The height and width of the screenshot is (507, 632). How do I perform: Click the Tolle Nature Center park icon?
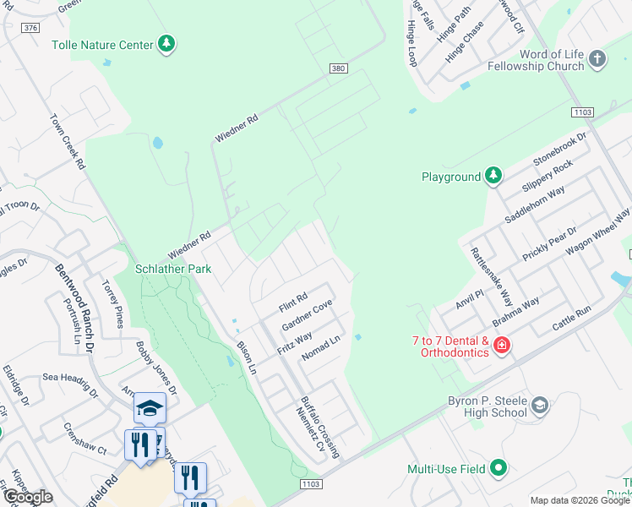tap(166, 44)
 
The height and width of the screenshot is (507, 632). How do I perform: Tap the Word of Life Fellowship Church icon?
tap(597, 59)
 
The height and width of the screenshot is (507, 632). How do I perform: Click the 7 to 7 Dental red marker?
tap(501, 346)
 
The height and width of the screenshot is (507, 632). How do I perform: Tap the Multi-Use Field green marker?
tap(499, 468)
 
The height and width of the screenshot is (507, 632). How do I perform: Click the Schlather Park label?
tap(173, 270)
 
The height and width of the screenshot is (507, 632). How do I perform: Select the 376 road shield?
tap(31, 28)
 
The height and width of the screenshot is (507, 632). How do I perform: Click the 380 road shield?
tap(339, 68)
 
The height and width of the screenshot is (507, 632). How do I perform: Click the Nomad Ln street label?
tap(320, 348)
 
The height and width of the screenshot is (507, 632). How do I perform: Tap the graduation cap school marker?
tap(150, 408)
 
